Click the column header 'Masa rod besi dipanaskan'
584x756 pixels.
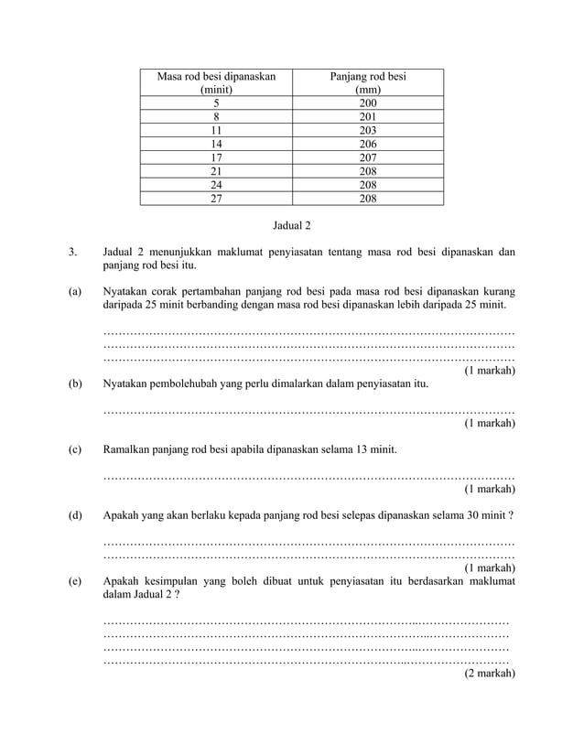(x=216, y=77)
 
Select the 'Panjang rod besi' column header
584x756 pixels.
(x=367, y=77)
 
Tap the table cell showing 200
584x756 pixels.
(x=367, y=103)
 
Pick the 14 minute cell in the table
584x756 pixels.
(x=216, y=144)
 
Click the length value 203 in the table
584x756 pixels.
(x=367, y=130)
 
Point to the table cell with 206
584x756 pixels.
(x=367, y=144)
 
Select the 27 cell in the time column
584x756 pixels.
(x=216, y=197)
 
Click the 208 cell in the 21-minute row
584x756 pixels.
(x=367, y=170)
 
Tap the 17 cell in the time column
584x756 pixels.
(x=216, y=157)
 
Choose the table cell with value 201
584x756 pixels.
(x=367, y=117)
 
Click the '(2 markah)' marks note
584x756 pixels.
(x=489, y=673)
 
